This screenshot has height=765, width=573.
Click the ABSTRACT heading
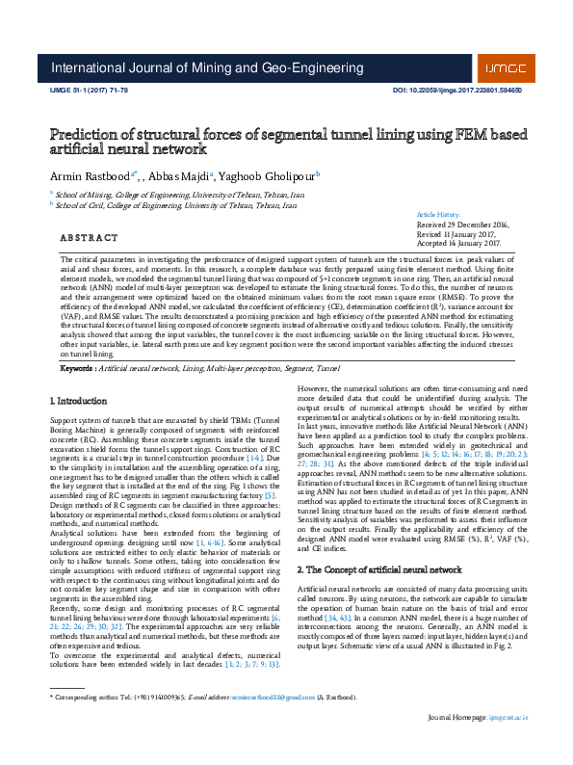click(90, 237)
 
